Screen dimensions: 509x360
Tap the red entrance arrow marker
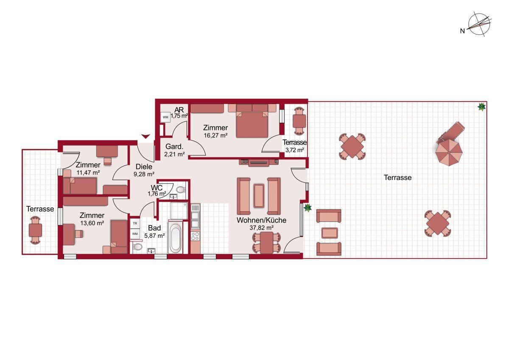(145, 136)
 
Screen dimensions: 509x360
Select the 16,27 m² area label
(215, 135)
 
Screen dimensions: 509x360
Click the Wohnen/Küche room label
(261, 220)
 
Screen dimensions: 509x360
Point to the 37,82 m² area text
(262, 228)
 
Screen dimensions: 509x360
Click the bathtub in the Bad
(175, 238)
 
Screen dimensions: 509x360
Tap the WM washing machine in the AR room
(165, 117)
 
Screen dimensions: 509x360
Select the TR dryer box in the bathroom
(135, 223)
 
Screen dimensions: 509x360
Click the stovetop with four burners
(195, 236)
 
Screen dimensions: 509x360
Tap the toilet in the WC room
(181, 189)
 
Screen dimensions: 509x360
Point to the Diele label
(144, 167)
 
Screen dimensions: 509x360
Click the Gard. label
(174, 146)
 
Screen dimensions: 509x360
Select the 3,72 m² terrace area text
(294, 150)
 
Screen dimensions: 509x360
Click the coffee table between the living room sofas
(259, 196)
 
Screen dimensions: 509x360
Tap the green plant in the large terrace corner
(481, 107)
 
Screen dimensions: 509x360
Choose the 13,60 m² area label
(92, 223)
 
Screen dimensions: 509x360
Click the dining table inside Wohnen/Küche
(267, 242)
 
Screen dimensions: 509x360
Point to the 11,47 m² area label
(88, 173)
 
